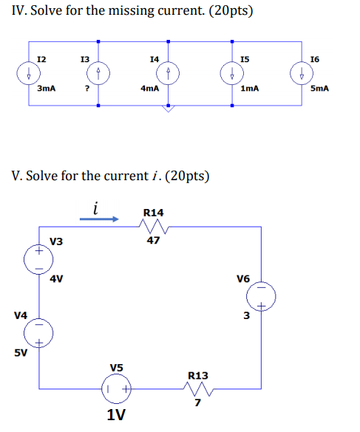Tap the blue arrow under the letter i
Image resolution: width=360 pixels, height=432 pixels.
click(104, 219)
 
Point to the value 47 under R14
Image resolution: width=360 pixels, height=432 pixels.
click(153, 239)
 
